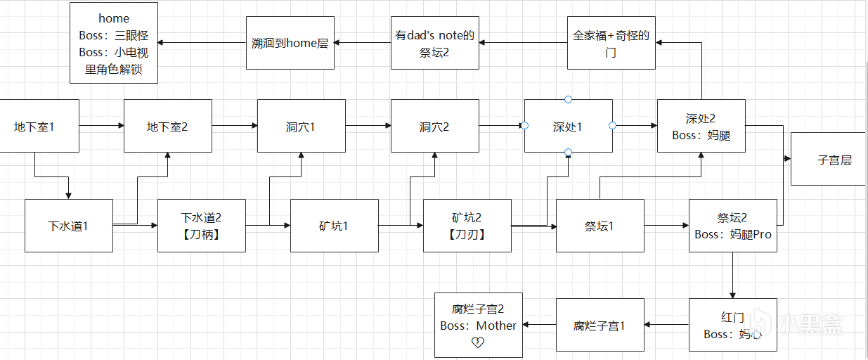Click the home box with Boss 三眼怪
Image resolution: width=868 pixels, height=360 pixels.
point(114,43)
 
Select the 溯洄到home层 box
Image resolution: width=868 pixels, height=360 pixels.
point(290,43)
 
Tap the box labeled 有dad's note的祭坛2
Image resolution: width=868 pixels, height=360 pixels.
point(434,43)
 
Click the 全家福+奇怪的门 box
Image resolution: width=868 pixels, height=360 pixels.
point(611,43)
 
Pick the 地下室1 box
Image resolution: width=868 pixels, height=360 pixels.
point(35,126)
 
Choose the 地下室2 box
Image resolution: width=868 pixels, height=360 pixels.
point(167,126)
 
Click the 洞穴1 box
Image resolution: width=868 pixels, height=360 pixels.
point(301,126)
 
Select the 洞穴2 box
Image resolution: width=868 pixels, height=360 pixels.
point(434,126)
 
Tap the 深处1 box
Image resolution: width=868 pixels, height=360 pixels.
point(568,126)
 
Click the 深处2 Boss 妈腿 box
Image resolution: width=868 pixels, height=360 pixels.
point(701,126)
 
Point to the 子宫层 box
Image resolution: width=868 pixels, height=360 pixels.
point(829,159)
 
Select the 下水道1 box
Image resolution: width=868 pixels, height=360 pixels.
point(68,226)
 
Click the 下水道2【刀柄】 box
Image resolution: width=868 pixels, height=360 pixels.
point(202,226)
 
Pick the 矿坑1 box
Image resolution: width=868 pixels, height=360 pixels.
point(334,226)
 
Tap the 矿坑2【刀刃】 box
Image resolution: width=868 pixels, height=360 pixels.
point(467,226)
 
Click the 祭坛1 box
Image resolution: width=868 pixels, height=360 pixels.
point(600,226)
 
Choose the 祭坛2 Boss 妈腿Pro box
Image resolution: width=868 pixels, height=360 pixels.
point(732,226)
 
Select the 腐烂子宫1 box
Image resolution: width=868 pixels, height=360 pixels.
point(600,325)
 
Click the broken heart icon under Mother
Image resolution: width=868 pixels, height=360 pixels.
point(478,342)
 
